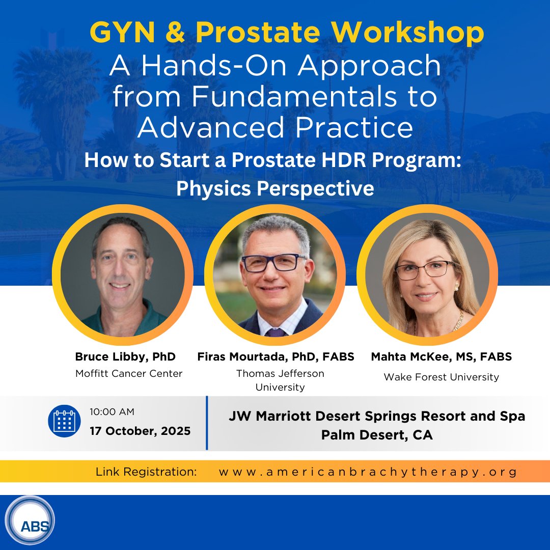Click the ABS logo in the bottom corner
click(x=29, y=521)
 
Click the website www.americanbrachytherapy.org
click(x=368, y=472)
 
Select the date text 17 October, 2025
click(x=140, y=431)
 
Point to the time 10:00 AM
click(x=112, y=411)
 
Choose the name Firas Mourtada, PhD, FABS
click(x=276, y=356)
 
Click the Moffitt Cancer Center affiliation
click(x=129, y=373)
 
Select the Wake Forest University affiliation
click(x=441, y=377)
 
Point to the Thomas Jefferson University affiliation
click(x=280, y=380)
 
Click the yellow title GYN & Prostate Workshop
click(x=287, y=34)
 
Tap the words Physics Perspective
click(x=275, y=188)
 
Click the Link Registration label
click(x=146, y=472)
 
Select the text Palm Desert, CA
click(x=377, y=435)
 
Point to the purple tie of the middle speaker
click(x=276, y=332)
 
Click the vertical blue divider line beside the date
click(x=207, y=423)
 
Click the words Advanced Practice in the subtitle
click(x=275, y=127)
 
